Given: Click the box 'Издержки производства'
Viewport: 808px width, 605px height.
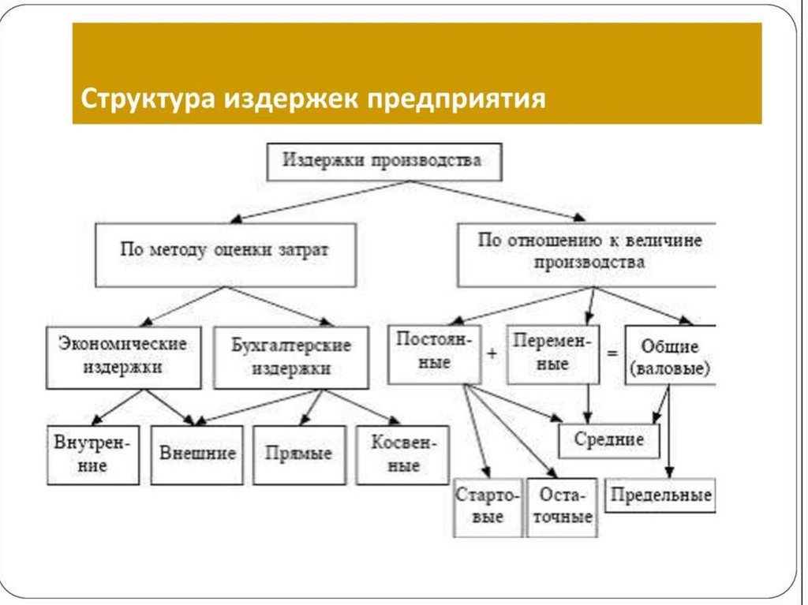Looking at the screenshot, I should point(382,161).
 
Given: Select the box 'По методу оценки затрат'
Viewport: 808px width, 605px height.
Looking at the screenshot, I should point(225,253).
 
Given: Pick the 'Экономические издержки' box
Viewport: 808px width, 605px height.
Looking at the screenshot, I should point(123,356).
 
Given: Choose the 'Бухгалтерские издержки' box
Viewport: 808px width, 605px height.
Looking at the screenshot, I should point(291,357).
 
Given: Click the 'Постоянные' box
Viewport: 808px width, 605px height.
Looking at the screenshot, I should point(434,353).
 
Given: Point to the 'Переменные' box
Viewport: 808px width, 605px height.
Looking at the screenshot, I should point(552,353).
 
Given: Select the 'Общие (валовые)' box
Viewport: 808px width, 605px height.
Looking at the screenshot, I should point(670,356).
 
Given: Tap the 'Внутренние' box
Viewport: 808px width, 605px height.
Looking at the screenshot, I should point(92,454).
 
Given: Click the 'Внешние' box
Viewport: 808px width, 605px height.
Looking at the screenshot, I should point(198,454).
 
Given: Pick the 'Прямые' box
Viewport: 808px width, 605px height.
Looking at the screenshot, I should point(299,454).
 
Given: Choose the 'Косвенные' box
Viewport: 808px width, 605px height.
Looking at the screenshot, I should point(402,454).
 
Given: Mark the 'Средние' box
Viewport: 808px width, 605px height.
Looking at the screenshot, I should point(609,440).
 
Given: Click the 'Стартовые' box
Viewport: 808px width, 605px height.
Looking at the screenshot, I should point(487,506).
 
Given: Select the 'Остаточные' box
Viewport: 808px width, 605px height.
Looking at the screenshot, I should point(562,506).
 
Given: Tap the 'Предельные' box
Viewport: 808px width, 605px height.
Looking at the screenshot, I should point(660,495).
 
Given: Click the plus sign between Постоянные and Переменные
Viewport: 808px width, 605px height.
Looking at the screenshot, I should point(492,354).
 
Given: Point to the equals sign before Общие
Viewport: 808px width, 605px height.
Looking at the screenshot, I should point(612,354).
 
